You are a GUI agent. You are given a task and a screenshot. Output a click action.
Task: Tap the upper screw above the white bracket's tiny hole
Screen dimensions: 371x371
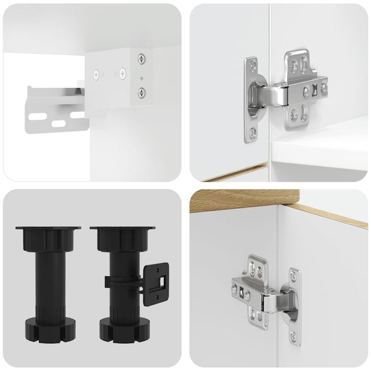tap(142, 59)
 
